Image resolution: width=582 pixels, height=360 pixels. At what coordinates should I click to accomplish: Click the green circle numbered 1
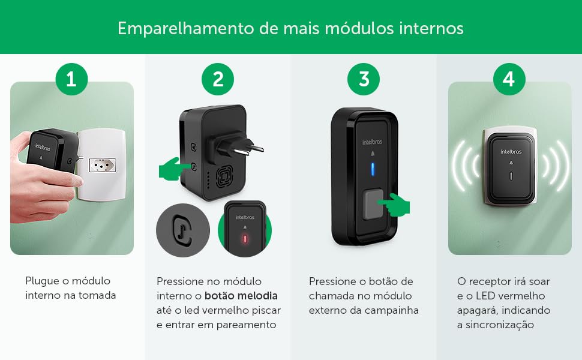pos(71,79)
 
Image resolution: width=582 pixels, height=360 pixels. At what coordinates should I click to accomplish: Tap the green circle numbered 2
pos(218,79)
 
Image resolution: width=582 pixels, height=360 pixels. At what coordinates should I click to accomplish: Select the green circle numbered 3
pos(364,79)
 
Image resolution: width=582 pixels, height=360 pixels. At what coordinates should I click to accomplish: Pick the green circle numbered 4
pos(509,79)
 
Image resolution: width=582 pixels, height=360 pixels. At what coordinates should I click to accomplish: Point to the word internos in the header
pos(431,29)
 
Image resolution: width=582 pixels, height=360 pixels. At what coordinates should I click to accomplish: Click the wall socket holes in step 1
pos(102,165)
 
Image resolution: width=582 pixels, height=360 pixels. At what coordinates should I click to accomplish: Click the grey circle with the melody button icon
pos(183,230)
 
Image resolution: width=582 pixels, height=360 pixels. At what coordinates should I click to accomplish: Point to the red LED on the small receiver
pos(245,239)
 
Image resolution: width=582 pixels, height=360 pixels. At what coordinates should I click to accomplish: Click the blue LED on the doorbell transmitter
pos(372,170)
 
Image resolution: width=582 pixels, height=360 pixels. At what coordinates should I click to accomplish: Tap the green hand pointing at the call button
pos(394,205)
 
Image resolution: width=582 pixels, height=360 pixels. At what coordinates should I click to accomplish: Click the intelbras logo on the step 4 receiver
pos(511,151)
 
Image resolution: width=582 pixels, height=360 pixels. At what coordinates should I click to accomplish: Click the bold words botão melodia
pos(241,296)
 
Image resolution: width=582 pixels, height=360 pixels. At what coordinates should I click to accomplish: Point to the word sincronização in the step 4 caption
pos(500,325)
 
